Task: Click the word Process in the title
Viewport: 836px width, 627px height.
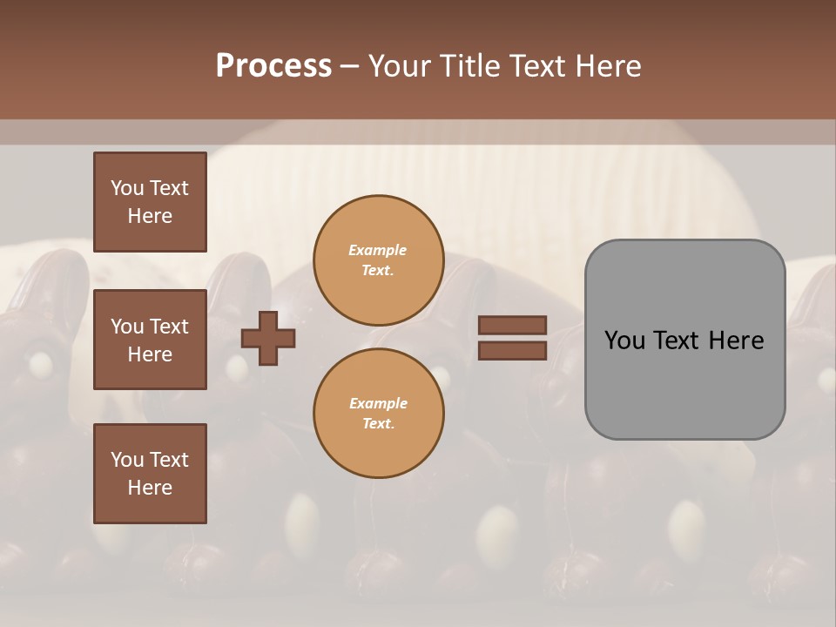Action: point(273,66)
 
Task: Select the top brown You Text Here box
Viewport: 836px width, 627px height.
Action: point(150,202)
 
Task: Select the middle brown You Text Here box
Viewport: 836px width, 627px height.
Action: point(150,340)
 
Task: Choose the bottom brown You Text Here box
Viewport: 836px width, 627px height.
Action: point(150,474)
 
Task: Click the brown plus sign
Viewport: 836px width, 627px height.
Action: point(268,338)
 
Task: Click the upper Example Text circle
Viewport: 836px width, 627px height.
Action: point(378,260)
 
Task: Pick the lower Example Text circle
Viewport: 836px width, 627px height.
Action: point(378,413)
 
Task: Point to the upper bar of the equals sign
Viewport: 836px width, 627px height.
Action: point(512,326)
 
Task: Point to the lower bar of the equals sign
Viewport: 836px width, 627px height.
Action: point(512,351)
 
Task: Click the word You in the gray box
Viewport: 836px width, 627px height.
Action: point(624,340)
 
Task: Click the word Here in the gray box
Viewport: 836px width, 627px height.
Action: point(736,340)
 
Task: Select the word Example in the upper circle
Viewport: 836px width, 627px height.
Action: point(378,251)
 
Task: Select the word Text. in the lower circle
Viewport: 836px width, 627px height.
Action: point(378,424)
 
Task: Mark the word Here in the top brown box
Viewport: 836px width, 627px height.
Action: point(150,216)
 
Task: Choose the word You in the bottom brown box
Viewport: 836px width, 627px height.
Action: point(127,460)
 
